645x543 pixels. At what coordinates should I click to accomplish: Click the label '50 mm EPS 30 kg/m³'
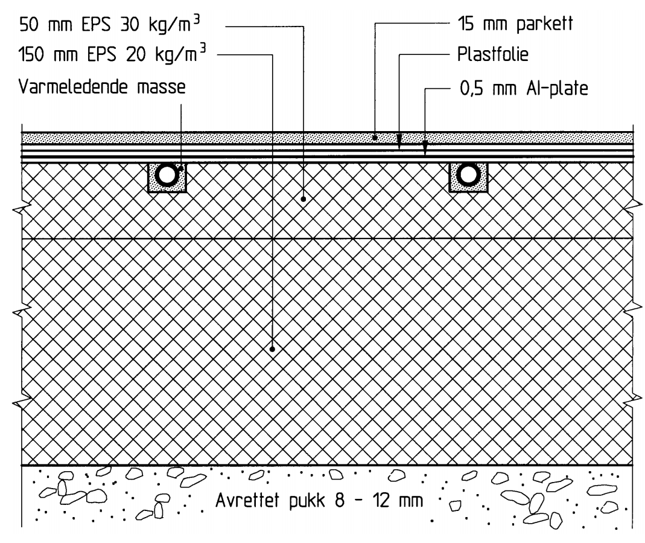(110, 24)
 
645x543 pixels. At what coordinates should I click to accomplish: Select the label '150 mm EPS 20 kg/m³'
(112, 54)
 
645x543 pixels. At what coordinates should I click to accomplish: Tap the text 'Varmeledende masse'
(102, 87)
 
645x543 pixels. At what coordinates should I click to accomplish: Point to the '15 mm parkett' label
(515, 24)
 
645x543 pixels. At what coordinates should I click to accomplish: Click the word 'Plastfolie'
(493, 54)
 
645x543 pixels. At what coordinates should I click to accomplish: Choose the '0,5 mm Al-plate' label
(524, 88)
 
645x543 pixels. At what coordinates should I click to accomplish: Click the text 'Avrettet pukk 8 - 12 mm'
(319, 501)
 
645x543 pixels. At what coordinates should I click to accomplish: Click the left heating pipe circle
(167, 175)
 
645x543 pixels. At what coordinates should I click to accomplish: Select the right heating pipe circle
(469, 175)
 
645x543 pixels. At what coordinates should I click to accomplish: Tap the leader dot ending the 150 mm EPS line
(272, 349)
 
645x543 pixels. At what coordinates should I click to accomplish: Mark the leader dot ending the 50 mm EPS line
(303, 199)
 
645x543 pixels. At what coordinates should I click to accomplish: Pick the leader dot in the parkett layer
(375, 138)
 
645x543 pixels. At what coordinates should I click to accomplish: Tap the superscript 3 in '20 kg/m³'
(202, 50)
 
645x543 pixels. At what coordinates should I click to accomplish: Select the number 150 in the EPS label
(30, 54)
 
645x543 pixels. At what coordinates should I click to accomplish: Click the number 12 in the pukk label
(381, 501)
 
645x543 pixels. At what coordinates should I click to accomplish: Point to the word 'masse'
(161, 87)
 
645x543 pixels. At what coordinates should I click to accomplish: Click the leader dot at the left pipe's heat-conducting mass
(180, 169)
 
